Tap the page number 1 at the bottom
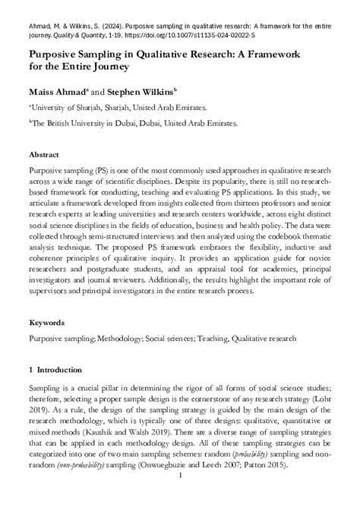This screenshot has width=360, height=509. point(179,498)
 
